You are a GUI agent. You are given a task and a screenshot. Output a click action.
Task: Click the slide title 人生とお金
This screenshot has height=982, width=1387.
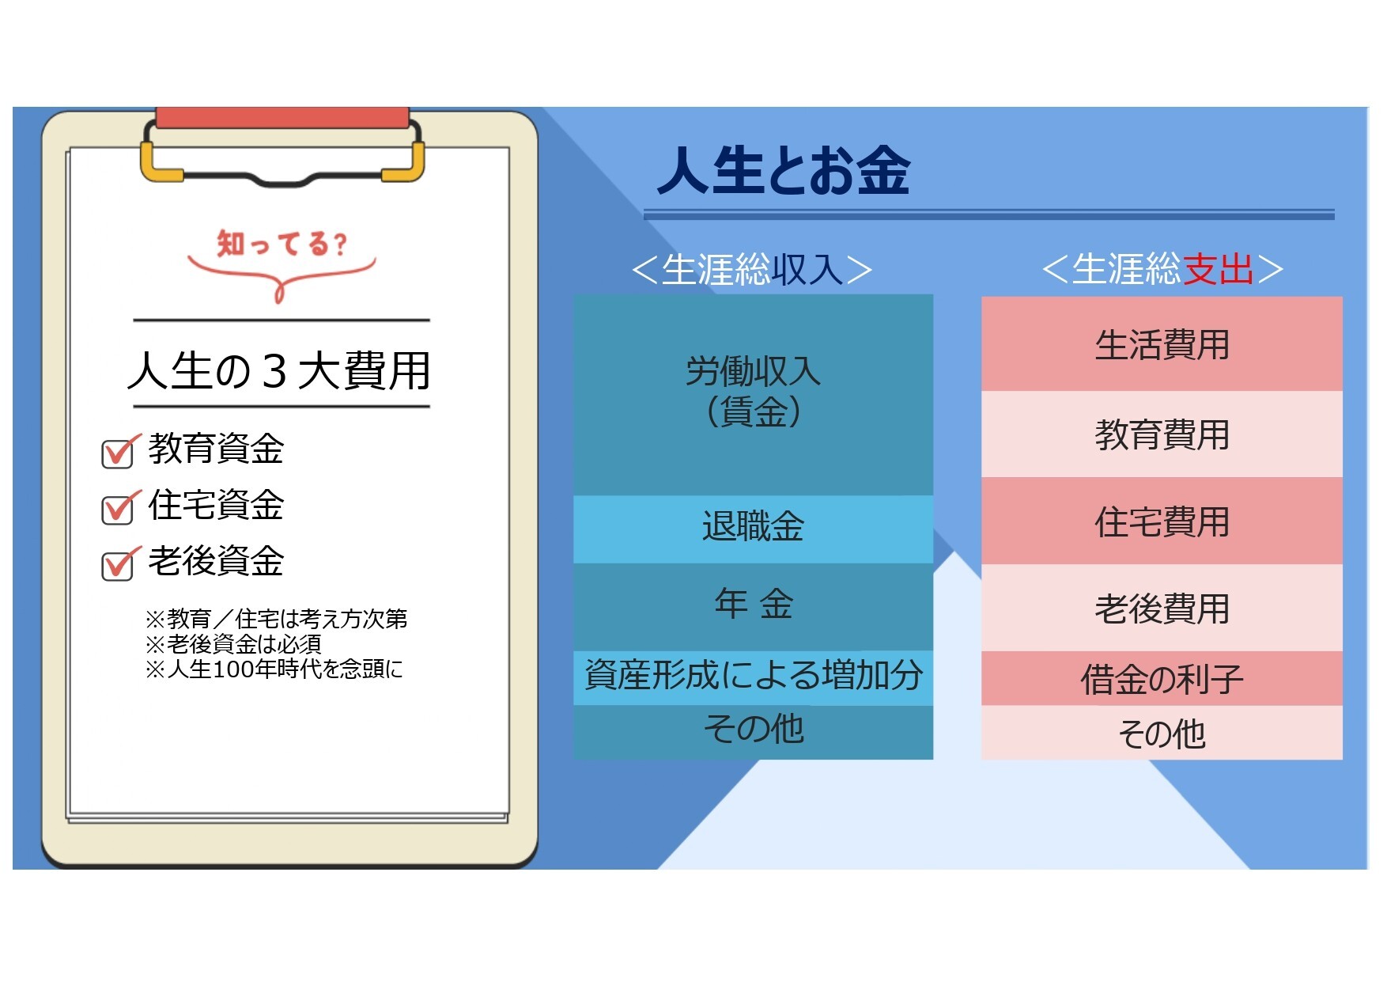click(783, 170)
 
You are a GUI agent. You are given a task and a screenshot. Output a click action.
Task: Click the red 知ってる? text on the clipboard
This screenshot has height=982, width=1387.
click(282, 243)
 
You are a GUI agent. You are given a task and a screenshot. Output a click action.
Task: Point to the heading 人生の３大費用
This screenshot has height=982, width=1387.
click(279, 370)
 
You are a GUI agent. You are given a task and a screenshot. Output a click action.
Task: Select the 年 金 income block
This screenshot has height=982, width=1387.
click(753, 605)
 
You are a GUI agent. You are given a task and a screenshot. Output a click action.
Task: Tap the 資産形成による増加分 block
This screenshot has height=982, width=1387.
click(753, 677)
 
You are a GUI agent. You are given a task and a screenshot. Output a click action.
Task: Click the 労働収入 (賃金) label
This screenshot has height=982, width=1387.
click(753, 391)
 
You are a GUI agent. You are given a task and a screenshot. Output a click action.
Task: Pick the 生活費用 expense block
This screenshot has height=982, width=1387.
click(1162, 343)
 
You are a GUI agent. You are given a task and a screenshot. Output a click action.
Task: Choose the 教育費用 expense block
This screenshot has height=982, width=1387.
click(1162, 434)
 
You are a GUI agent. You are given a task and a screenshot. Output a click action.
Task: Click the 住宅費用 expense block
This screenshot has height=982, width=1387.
click(1162, 521)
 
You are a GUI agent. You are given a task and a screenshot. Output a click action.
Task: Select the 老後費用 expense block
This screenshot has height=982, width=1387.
click(1162, 608)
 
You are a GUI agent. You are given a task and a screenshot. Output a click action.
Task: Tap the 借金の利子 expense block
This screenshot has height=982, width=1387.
click(1162, 678)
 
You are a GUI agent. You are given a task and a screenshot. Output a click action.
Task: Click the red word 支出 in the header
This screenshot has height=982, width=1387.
click(1218, 269)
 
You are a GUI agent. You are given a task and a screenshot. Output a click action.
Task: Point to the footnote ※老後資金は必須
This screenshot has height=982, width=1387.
click(233, 644)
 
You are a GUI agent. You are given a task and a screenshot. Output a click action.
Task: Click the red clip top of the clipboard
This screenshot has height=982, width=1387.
click(282, 118)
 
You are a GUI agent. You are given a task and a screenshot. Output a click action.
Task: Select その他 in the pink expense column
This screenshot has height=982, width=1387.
click(1162, 733)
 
